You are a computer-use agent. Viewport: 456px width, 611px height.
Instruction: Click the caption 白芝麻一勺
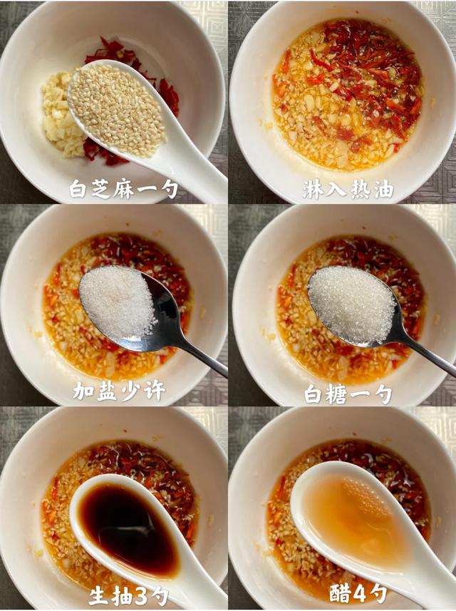123,190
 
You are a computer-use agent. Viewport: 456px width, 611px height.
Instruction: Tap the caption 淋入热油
348,190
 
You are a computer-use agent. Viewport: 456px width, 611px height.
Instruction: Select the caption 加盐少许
120,391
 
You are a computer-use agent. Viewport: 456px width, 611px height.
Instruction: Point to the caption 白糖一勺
348,395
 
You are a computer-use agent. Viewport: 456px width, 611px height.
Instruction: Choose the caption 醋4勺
358,594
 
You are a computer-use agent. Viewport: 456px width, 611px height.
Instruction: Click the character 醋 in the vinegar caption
340,594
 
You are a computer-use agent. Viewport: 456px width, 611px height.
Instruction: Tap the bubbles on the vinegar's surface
365,496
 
